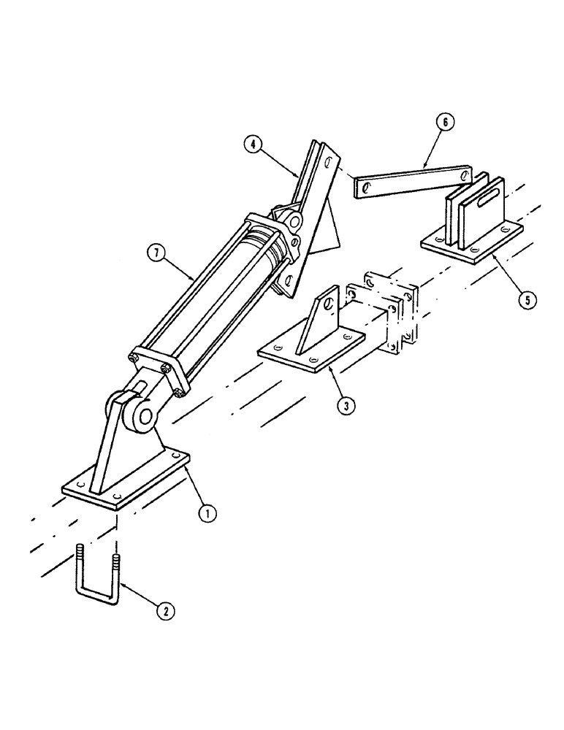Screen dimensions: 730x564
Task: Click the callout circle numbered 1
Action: tap(207, 512)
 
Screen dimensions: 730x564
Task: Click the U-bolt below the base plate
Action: tap(96, 584)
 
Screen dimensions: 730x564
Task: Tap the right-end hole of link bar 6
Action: tap(465, 175)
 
